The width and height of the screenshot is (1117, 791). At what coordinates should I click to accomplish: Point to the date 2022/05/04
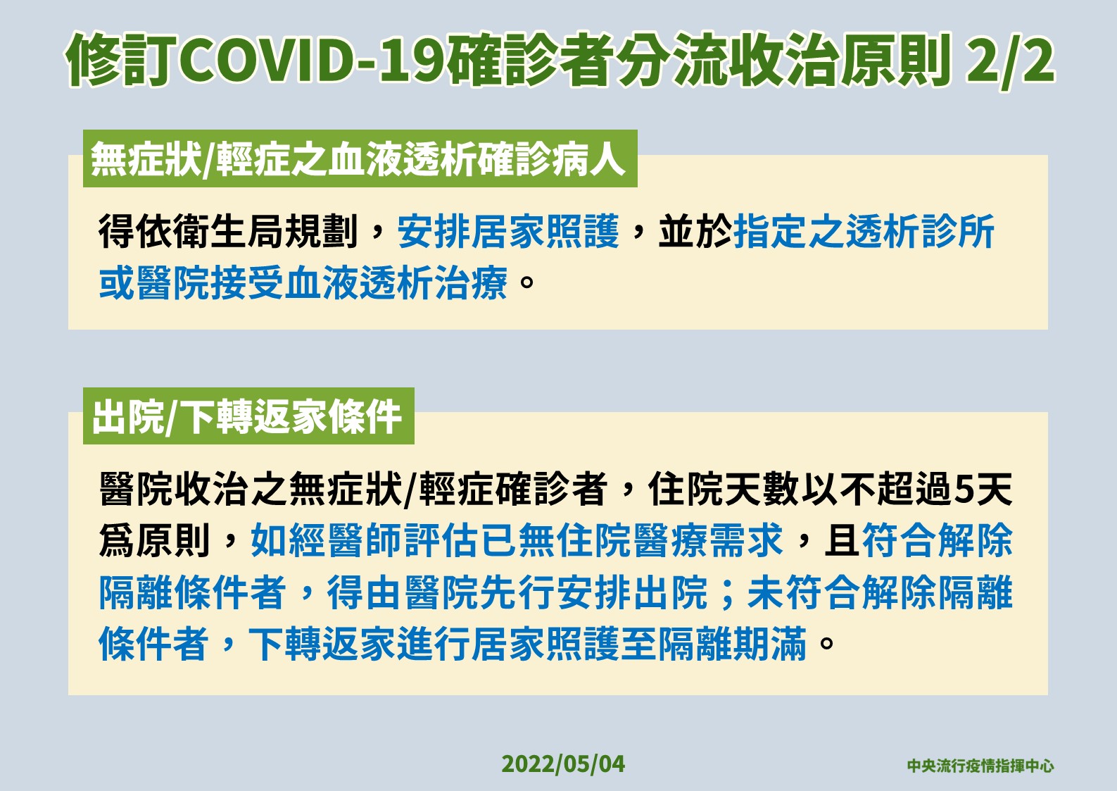click(563, 764)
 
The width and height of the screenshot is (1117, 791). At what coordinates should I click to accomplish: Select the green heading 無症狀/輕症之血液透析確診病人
click(358, 159)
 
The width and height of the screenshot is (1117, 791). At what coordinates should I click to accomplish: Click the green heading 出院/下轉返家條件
click(247, 417)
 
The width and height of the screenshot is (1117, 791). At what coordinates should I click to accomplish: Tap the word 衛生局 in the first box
click(191, 232)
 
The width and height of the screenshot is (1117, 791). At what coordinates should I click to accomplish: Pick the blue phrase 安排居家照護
click(507, 232)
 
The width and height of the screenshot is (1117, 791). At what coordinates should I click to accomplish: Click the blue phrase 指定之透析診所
click(864, 232)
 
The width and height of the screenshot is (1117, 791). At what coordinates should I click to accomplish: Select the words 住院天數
click(723, 489)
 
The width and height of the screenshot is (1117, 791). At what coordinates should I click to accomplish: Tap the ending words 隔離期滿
click(732, 644)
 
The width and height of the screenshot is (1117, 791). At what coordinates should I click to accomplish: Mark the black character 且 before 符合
click(843, 540)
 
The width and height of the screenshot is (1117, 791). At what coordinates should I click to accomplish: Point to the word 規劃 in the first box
click(321, 232)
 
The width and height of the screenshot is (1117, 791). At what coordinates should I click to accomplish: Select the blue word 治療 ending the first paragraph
click(471, 283)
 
